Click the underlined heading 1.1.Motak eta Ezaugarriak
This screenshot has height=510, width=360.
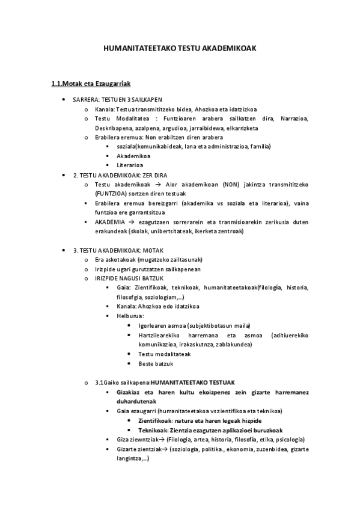[91, 84]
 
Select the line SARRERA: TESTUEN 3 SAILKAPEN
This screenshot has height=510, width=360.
[117, 99]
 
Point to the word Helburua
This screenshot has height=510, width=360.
[130, 316]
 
